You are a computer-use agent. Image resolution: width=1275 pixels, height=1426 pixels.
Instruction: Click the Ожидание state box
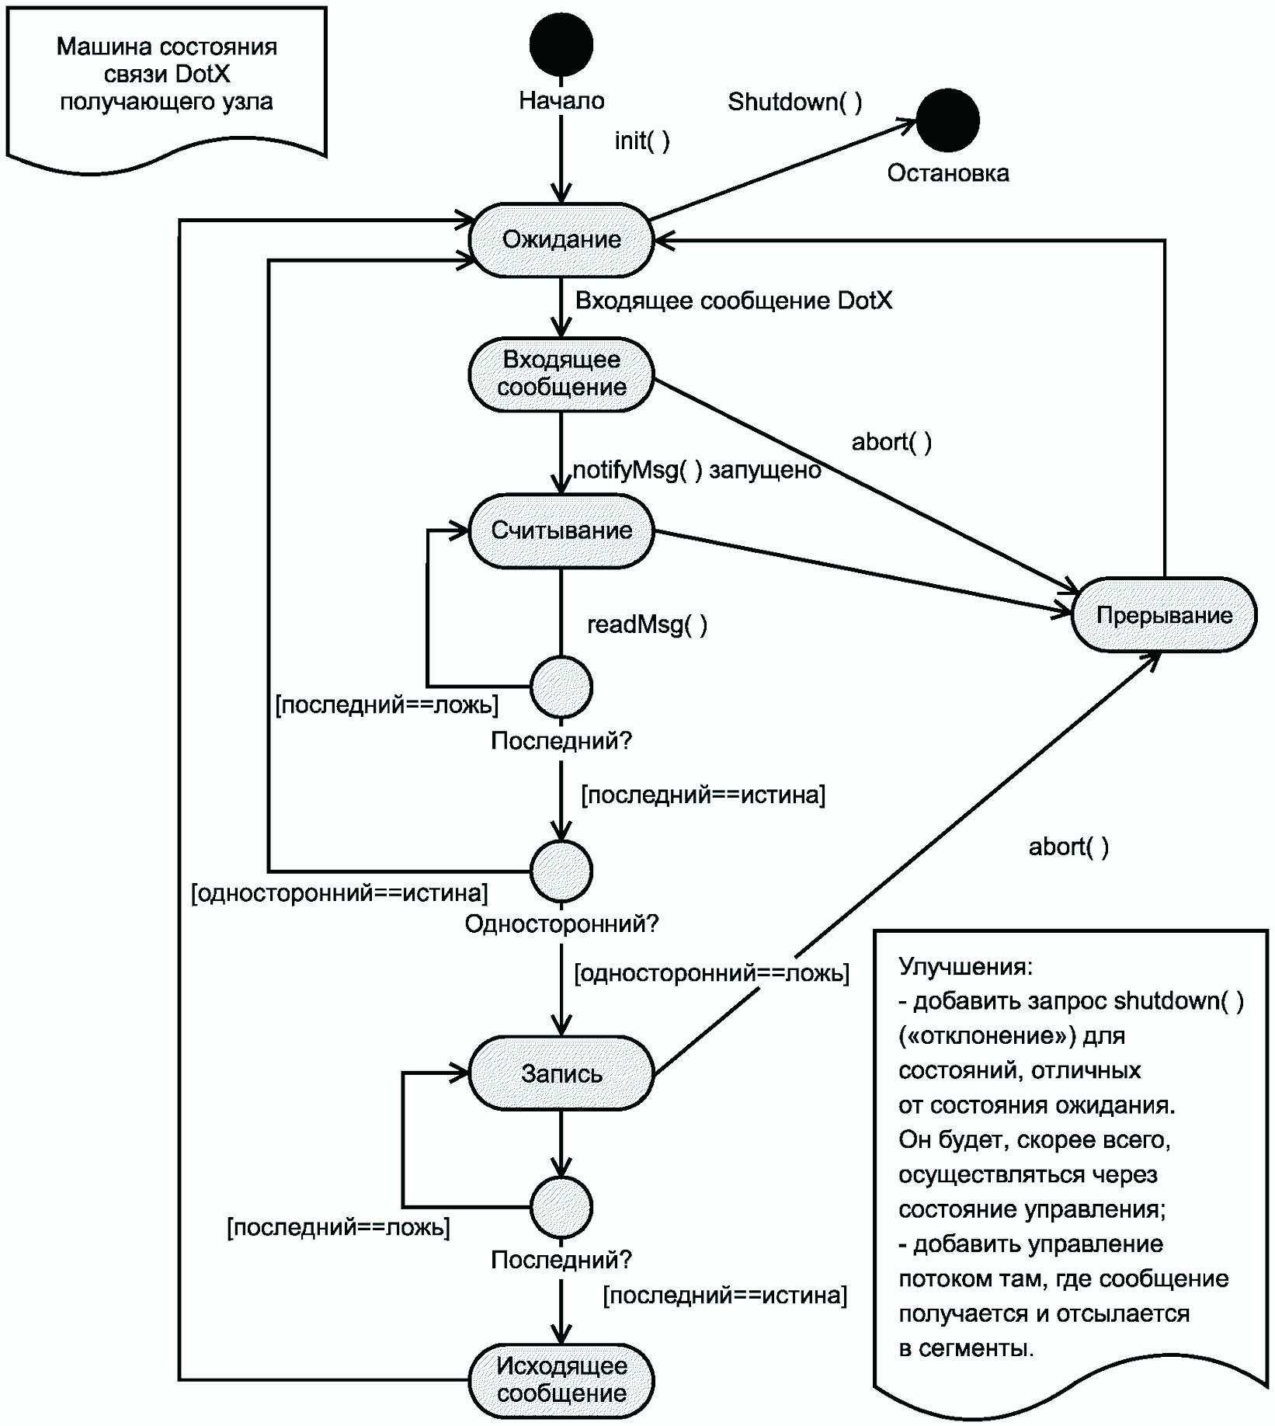click(561, 240)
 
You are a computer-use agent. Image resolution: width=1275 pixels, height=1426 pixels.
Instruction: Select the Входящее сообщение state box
click(561, 374)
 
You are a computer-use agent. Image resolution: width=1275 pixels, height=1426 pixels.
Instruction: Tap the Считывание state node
click(561, 531)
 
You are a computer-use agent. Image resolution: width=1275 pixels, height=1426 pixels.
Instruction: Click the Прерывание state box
click(1164, 615)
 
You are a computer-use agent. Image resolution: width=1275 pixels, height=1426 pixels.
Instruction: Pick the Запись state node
click(561, 1073)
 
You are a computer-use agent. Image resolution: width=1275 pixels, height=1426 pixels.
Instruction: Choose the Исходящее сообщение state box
click(561, 1380)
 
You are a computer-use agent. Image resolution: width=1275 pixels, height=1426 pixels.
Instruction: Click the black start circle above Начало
click(561, 44)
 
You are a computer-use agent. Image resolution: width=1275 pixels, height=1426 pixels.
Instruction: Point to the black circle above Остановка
click(947, 120)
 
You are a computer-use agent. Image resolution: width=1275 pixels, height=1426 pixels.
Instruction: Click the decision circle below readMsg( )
click(561, 687)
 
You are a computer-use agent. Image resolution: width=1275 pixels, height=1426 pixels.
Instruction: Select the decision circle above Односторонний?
click(561, 871)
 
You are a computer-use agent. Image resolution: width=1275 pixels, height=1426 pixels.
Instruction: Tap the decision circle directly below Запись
click(561, 1207)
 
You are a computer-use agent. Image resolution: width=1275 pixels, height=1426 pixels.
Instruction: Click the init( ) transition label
click(642, 141)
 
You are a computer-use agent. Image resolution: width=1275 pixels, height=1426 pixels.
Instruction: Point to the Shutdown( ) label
click(795, 102)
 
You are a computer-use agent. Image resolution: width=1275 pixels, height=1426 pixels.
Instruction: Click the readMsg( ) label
click(648, 624)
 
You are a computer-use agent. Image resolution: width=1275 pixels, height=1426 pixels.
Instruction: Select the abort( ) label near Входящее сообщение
click(891, 442)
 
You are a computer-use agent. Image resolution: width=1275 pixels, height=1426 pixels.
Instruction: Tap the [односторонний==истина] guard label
click(339, 893)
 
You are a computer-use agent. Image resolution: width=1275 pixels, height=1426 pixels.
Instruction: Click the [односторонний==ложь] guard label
click(711, 972)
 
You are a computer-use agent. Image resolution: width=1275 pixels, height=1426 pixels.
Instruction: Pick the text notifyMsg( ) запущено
click(697, 470)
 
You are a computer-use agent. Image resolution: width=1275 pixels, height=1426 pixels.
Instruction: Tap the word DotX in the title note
click(203, 74)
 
